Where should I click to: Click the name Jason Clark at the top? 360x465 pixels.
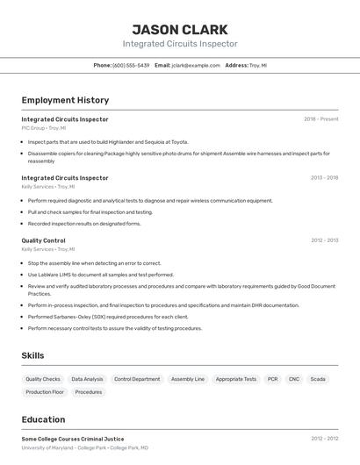pos(180,30)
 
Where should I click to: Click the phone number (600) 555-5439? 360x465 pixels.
pos(131,65)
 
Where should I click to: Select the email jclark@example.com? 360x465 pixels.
pos(196,65)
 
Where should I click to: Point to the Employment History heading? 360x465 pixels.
pos(65,100)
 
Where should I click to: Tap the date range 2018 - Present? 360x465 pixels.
pos(320,119)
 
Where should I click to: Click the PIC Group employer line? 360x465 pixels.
pos(44,128)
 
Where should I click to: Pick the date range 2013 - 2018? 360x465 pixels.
pos(324,178)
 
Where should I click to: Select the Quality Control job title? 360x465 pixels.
pos(44,240)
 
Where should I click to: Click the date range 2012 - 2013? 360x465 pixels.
pos(324,240)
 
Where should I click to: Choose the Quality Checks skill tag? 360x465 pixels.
pos(43,379)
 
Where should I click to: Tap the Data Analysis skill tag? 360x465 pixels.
pos(87,379)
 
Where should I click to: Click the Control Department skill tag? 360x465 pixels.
pos(137,379)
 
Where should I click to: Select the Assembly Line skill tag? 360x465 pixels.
pos(188,379)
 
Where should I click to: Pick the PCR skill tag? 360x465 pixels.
pos(273,379)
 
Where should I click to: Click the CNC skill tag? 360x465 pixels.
pos(294,379)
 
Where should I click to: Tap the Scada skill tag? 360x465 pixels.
pos(318,379)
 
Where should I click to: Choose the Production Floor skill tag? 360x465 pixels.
pos(45,392)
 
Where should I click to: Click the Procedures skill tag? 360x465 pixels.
pos(89,392)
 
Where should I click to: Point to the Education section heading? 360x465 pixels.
pos(44,419)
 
